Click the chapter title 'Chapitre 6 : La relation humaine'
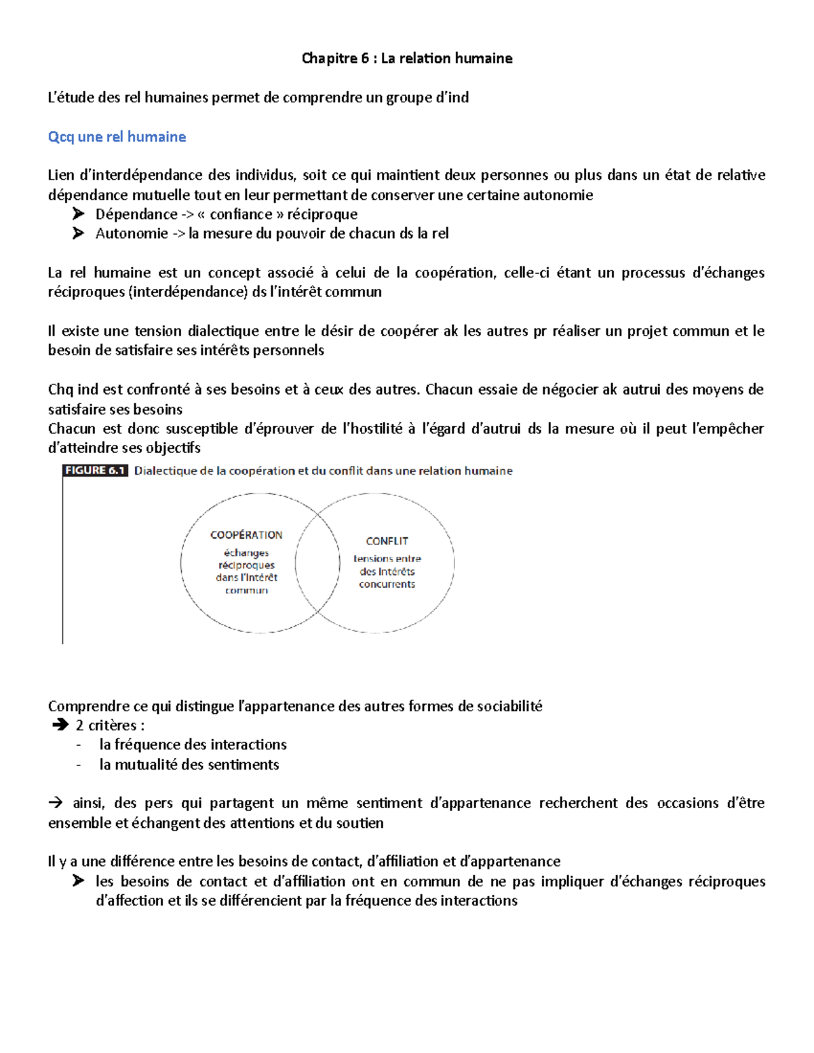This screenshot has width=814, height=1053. pyautogui.click(x=407, y=58)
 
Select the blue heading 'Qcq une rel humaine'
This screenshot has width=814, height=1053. pyautogui.click(x=117, y=137)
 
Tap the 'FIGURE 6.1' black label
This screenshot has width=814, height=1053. pyautogui.click(x=95, y=471)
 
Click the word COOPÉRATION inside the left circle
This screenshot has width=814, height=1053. pyautogui.click(x=246, y=535)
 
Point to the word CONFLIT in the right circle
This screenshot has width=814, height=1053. pyautogui.click(x=387, y=541)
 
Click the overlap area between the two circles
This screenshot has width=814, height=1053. pyautogui.click(x=318, y=563)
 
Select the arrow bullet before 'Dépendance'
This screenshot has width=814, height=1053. pyautogui.click(x=79, y=214)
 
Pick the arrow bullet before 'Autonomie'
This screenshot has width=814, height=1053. pyautogui.click(x=79, y=233)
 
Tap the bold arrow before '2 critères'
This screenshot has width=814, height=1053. pyautogui.click(x=60, y=726)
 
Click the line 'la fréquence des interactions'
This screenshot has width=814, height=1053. pyautogui.click(x=193, y=744)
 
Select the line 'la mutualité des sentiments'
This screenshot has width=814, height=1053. pyautogui.click(x=189, y=764)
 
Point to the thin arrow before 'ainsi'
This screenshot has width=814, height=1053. pyautogui.click(x=56, y=803)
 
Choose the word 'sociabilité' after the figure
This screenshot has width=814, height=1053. pyautogui.click(x=509, y=706)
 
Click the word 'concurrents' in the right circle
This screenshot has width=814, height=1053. pyautogui.click(x=387, y=584)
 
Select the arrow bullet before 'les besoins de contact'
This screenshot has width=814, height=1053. pyautogui.click(x=79, y=881)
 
